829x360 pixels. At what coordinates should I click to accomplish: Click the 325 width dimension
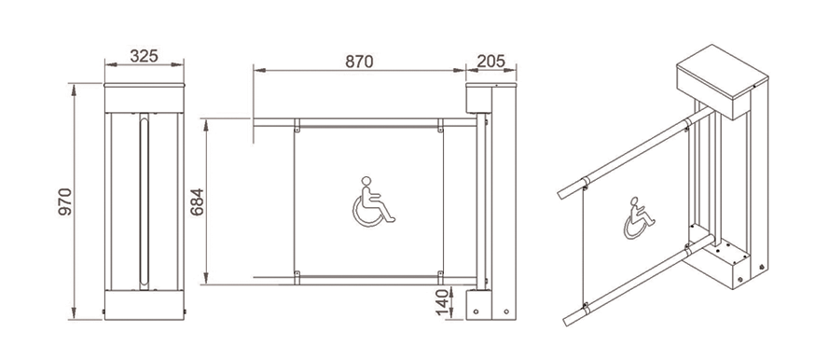tap(144, 56)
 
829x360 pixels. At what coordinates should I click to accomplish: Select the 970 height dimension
tap(64, 201)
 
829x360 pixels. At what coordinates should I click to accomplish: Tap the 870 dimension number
tap(360, 62)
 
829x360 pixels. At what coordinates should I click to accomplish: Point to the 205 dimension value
tap(491, 62)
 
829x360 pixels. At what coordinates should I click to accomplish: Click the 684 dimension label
tap(197, 201)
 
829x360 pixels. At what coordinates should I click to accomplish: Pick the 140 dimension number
tap(442, 302)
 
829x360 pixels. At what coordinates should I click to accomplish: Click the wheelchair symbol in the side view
tap(373, 201)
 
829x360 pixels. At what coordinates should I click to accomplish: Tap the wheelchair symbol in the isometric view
tap(639, 218)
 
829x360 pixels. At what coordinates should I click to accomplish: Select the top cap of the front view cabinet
tap(145, 85)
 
